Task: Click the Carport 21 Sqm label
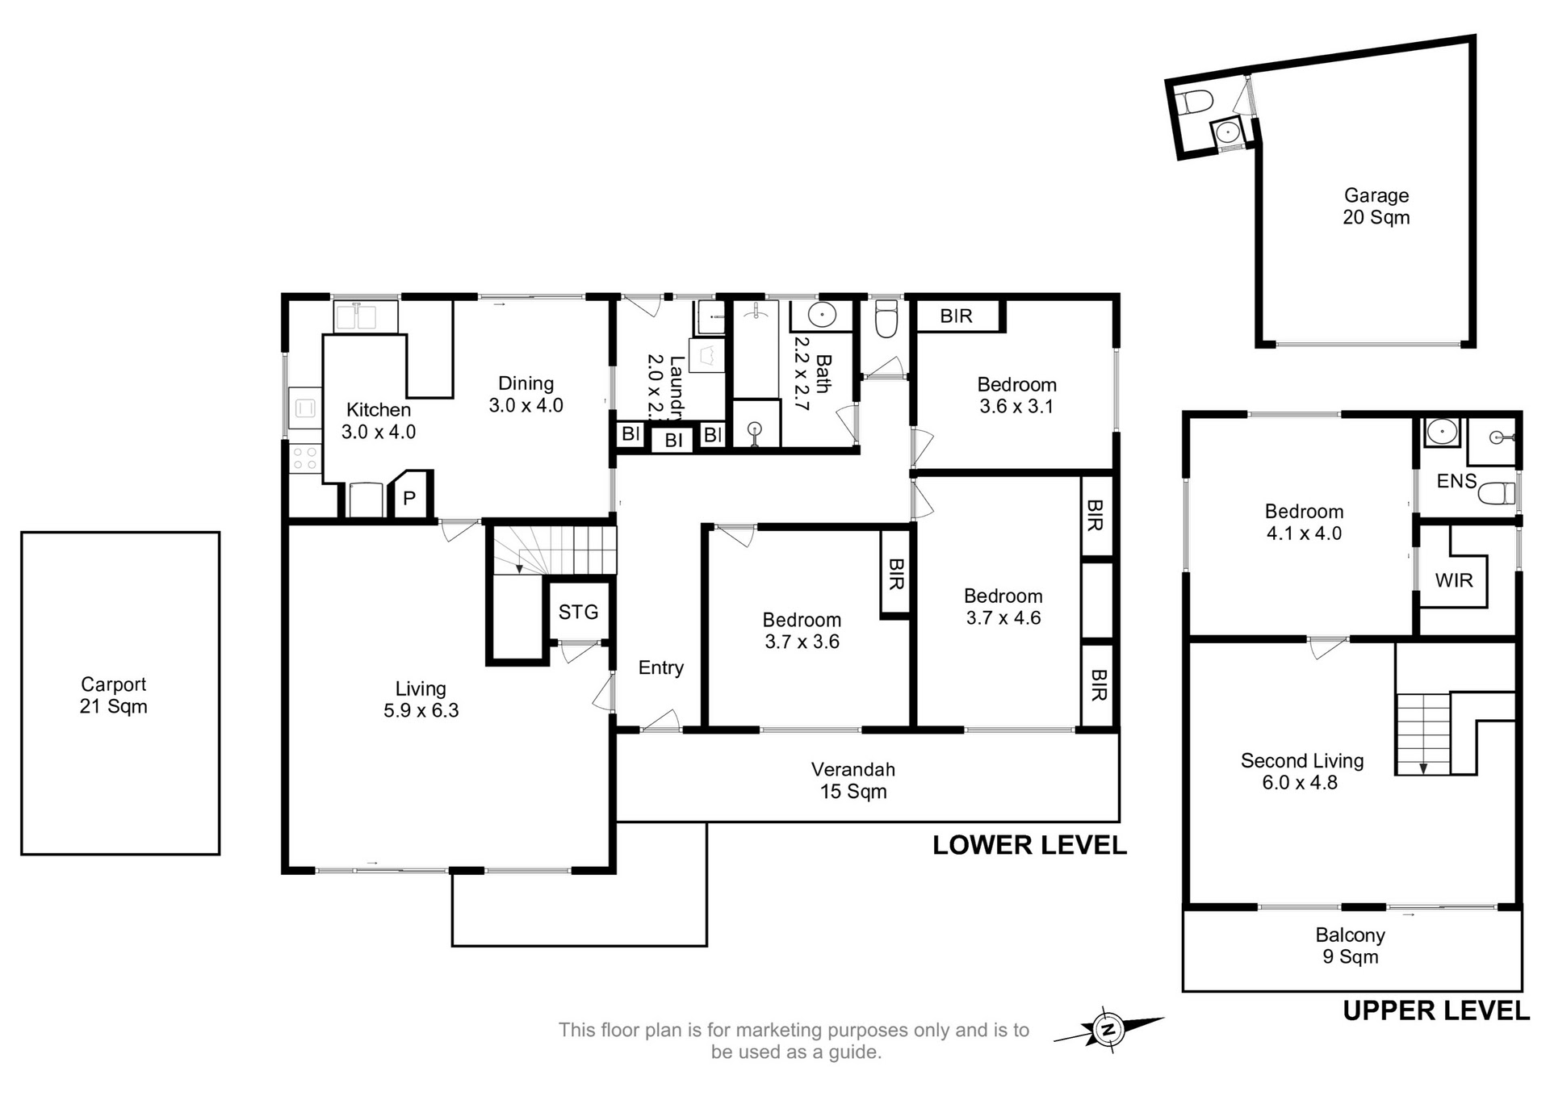click(x=113, y=695)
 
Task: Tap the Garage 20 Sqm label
click(x=1376, y=206)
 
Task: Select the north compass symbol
click(x=1108, y=1029)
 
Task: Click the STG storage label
click(x=578, y=612)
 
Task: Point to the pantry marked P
click(x=409, y=498)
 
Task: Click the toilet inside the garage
click(x=1195, y=103)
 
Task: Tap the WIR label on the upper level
click(x=1454, y=579)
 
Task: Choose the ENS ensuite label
click(x=1456, y=481)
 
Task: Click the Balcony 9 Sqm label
click(x=1350, y=946)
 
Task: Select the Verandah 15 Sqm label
click(x=853, y=780)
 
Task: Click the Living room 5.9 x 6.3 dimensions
click(x=421, y=710)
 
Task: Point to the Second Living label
click(x=1302, y=760)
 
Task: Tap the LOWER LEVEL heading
click(x=1029, y=845)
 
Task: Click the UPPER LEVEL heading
click(x=1436, y=1010)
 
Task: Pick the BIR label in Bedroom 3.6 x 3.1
click(x=957, y=316)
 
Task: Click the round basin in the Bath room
click(x=821, y=315)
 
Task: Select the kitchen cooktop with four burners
click(x=305, y=458)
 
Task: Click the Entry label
click(x=660, y=667)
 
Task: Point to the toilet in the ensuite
click(x=1497, y=493)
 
